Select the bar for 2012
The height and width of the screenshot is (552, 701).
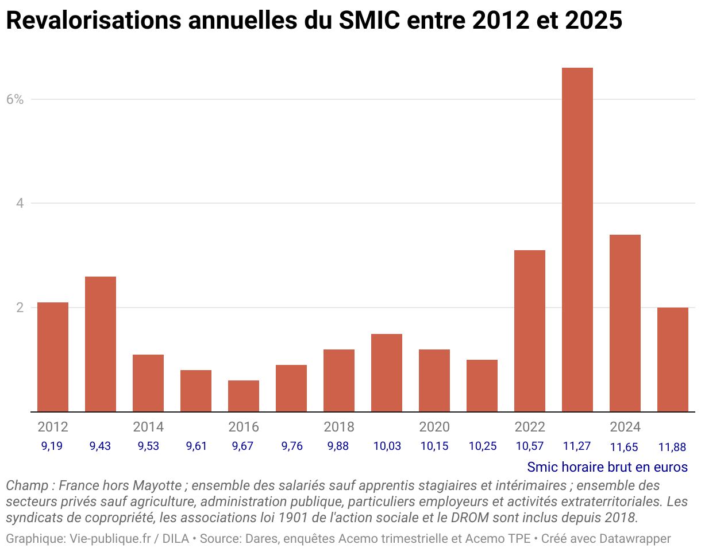pos(53,357)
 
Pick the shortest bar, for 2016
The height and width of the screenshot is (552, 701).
pos(244,396)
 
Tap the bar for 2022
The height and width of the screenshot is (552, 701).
pos(529,331)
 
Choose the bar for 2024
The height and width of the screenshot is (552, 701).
pos(625,323)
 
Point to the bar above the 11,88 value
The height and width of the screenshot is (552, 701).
pos(672,360)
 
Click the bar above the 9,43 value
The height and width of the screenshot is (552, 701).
pos(101,344)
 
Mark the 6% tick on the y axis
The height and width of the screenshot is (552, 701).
pos(15,99)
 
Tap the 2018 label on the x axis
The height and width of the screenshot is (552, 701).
pos(339,427)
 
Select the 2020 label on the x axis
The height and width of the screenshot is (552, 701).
pos(434,427)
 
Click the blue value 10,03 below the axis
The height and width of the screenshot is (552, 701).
pos(387,446)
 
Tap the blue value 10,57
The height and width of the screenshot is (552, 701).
pos(529,446)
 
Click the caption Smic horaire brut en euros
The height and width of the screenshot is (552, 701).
pos(607,467)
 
